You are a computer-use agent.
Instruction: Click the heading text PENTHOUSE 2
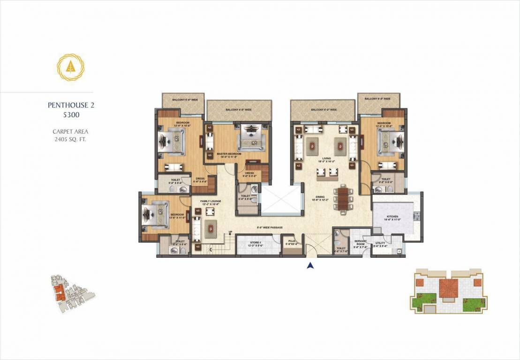click(71, 105)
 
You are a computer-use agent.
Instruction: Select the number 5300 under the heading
click(71, 114)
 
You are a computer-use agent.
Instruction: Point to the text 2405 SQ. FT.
click(71, 139)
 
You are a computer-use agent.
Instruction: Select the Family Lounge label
click(211, 202)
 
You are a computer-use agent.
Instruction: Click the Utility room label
click(380, 244)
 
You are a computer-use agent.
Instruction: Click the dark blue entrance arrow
click(309, 266)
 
